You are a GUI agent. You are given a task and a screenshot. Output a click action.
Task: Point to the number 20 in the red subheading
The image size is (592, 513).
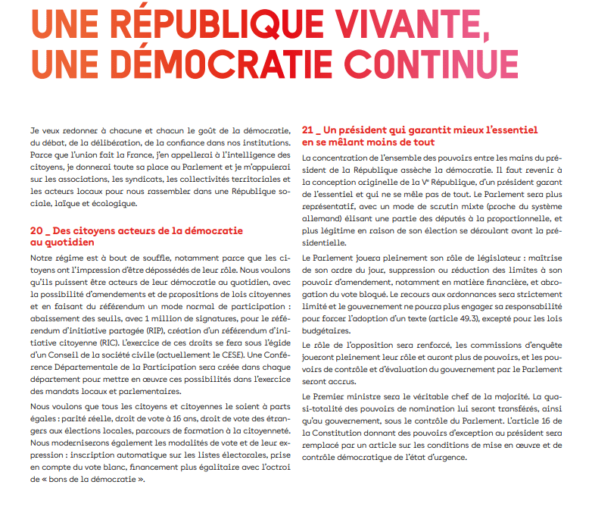[x=37, y=230]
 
